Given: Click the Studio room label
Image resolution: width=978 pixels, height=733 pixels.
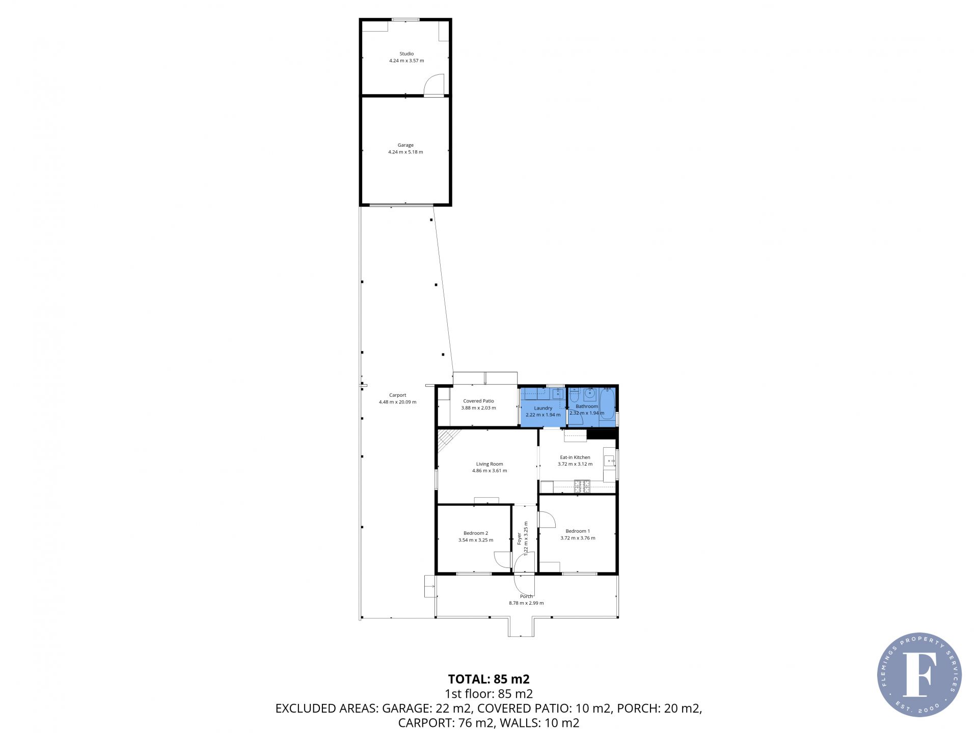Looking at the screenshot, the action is (x=406, y=53).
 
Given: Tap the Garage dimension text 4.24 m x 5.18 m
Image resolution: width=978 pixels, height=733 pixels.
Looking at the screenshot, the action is (x=405, y=152).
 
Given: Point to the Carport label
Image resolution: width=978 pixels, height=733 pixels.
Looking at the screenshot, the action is (x=397, y=395).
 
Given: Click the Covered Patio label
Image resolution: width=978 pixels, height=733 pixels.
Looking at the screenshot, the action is (x=478, y=401).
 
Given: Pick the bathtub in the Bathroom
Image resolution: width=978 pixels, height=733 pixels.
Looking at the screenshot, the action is (x=607, y=404).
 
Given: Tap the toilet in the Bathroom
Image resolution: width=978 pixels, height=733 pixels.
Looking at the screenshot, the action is (x=574, y=396).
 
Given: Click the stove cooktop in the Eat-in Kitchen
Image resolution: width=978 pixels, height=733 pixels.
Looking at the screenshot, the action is (x=582, y=486).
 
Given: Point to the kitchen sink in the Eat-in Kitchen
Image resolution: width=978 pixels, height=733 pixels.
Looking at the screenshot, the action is (x=609, y=461).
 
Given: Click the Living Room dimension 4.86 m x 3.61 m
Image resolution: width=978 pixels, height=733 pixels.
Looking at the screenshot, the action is (x=490, y=471).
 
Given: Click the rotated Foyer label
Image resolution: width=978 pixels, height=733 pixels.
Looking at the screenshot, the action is (x=519, y=538).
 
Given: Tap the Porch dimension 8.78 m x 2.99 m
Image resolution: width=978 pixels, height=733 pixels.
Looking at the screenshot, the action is (x=526, y=603).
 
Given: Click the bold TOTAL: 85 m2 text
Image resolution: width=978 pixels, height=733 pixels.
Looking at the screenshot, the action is (x=489, y=679).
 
